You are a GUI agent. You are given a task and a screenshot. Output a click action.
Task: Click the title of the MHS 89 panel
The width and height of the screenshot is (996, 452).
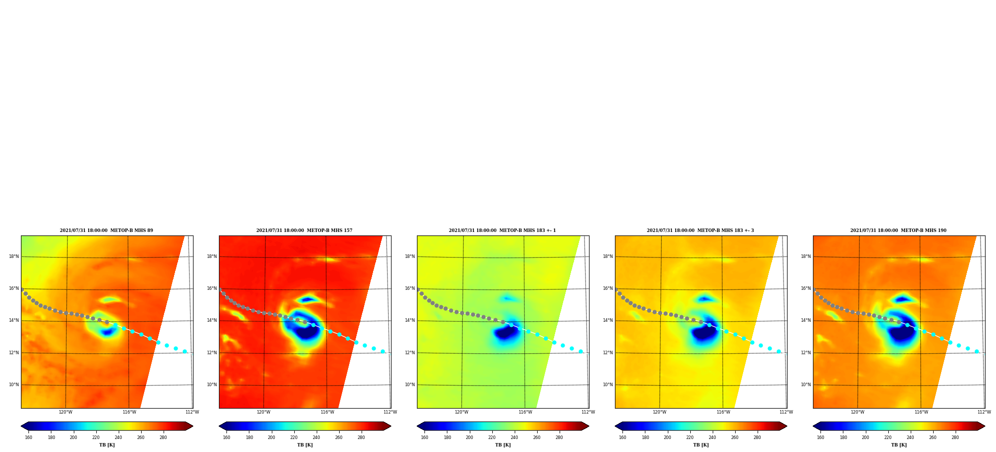click(x=106, y=230)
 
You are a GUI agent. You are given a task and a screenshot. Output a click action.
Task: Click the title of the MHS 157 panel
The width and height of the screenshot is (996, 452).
click(x=304, y=230)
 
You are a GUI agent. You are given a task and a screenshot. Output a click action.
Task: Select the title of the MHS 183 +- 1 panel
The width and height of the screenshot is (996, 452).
click(x=502, y=230)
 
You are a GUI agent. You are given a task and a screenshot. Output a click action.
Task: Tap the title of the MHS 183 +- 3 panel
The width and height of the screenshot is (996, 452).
click(x=700, y=230)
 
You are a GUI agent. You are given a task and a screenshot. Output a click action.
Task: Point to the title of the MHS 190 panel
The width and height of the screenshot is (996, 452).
click(x=898, y=230)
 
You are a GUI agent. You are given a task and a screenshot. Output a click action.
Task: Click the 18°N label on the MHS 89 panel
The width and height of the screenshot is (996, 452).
click(x=14, y=256)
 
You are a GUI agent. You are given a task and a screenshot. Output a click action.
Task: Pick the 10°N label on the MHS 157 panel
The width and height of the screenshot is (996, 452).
click(x=212, y=385)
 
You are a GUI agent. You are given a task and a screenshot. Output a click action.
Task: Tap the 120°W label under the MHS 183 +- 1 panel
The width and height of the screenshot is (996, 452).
click(x=461, y=412)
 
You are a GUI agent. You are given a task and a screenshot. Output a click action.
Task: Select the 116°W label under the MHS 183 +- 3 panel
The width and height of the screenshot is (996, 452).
click(x=723, y=412)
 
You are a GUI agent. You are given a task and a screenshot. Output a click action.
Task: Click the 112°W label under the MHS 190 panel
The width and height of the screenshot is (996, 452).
click(x=984, y=412)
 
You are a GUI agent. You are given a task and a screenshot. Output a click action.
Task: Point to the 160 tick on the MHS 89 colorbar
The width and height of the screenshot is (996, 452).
click(x=28, y=438)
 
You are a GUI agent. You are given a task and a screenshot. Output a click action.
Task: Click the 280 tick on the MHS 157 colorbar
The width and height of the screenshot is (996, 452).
click(x=361, y=438)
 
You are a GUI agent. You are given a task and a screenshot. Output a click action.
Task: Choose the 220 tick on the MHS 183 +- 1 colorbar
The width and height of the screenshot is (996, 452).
click(x=492, y=438)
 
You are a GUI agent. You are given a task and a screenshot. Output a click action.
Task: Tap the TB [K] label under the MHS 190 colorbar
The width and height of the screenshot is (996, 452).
click(x=899, y=445)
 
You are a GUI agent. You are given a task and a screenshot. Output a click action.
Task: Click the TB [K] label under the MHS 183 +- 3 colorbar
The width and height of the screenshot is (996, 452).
click(x=701, y=445)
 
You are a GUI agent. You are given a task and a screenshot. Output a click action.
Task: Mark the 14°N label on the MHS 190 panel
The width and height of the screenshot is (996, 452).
click(x=806, y=320)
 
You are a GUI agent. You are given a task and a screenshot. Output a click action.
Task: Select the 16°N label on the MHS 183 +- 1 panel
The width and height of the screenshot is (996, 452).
click(x=410, y=288)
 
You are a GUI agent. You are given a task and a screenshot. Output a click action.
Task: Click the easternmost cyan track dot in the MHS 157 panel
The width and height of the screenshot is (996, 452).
click(x=383, y=351)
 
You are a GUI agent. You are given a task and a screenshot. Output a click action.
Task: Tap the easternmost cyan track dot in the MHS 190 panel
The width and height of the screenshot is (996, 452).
click(x=977, y=351)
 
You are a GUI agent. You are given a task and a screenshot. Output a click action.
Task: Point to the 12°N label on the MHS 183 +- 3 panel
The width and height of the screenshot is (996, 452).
click(x=608, y=353)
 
